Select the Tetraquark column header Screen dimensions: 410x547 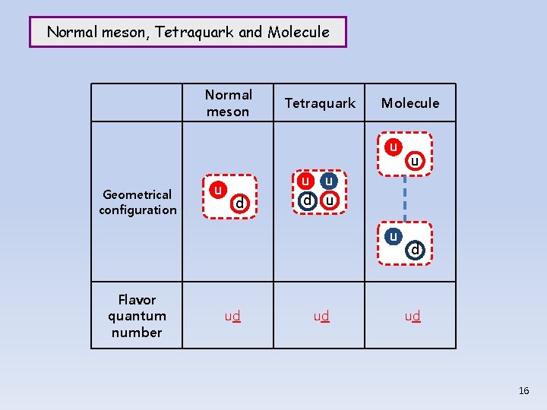click(x=320, y=103)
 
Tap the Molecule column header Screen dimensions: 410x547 click(x=410, y=103)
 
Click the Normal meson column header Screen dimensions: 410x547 click(x=228, y=103)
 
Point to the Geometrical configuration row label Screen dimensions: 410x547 click(x=138, y=202)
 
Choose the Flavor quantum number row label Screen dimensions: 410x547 click(x=137, y=316)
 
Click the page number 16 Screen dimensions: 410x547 click(x=523, y=390)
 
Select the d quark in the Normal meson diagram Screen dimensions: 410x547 click(x=239, y=203)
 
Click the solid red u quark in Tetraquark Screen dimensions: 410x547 click(x=305, y=181)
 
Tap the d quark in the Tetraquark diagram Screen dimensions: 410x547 click(x=307, y=201)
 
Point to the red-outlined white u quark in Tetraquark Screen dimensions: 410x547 click(x=329, y=201)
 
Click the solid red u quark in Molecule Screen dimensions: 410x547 click(x=393, y=147)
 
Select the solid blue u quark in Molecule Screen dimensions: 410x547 click(x=393, y=236)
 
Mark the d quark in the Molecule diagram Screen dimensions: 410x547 click(x=415, y=249)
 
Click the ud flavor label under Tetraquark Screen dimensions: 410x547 click(x=320, y=316)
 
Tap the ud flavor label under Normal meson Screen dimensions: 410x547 click(x=232, y=316)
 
